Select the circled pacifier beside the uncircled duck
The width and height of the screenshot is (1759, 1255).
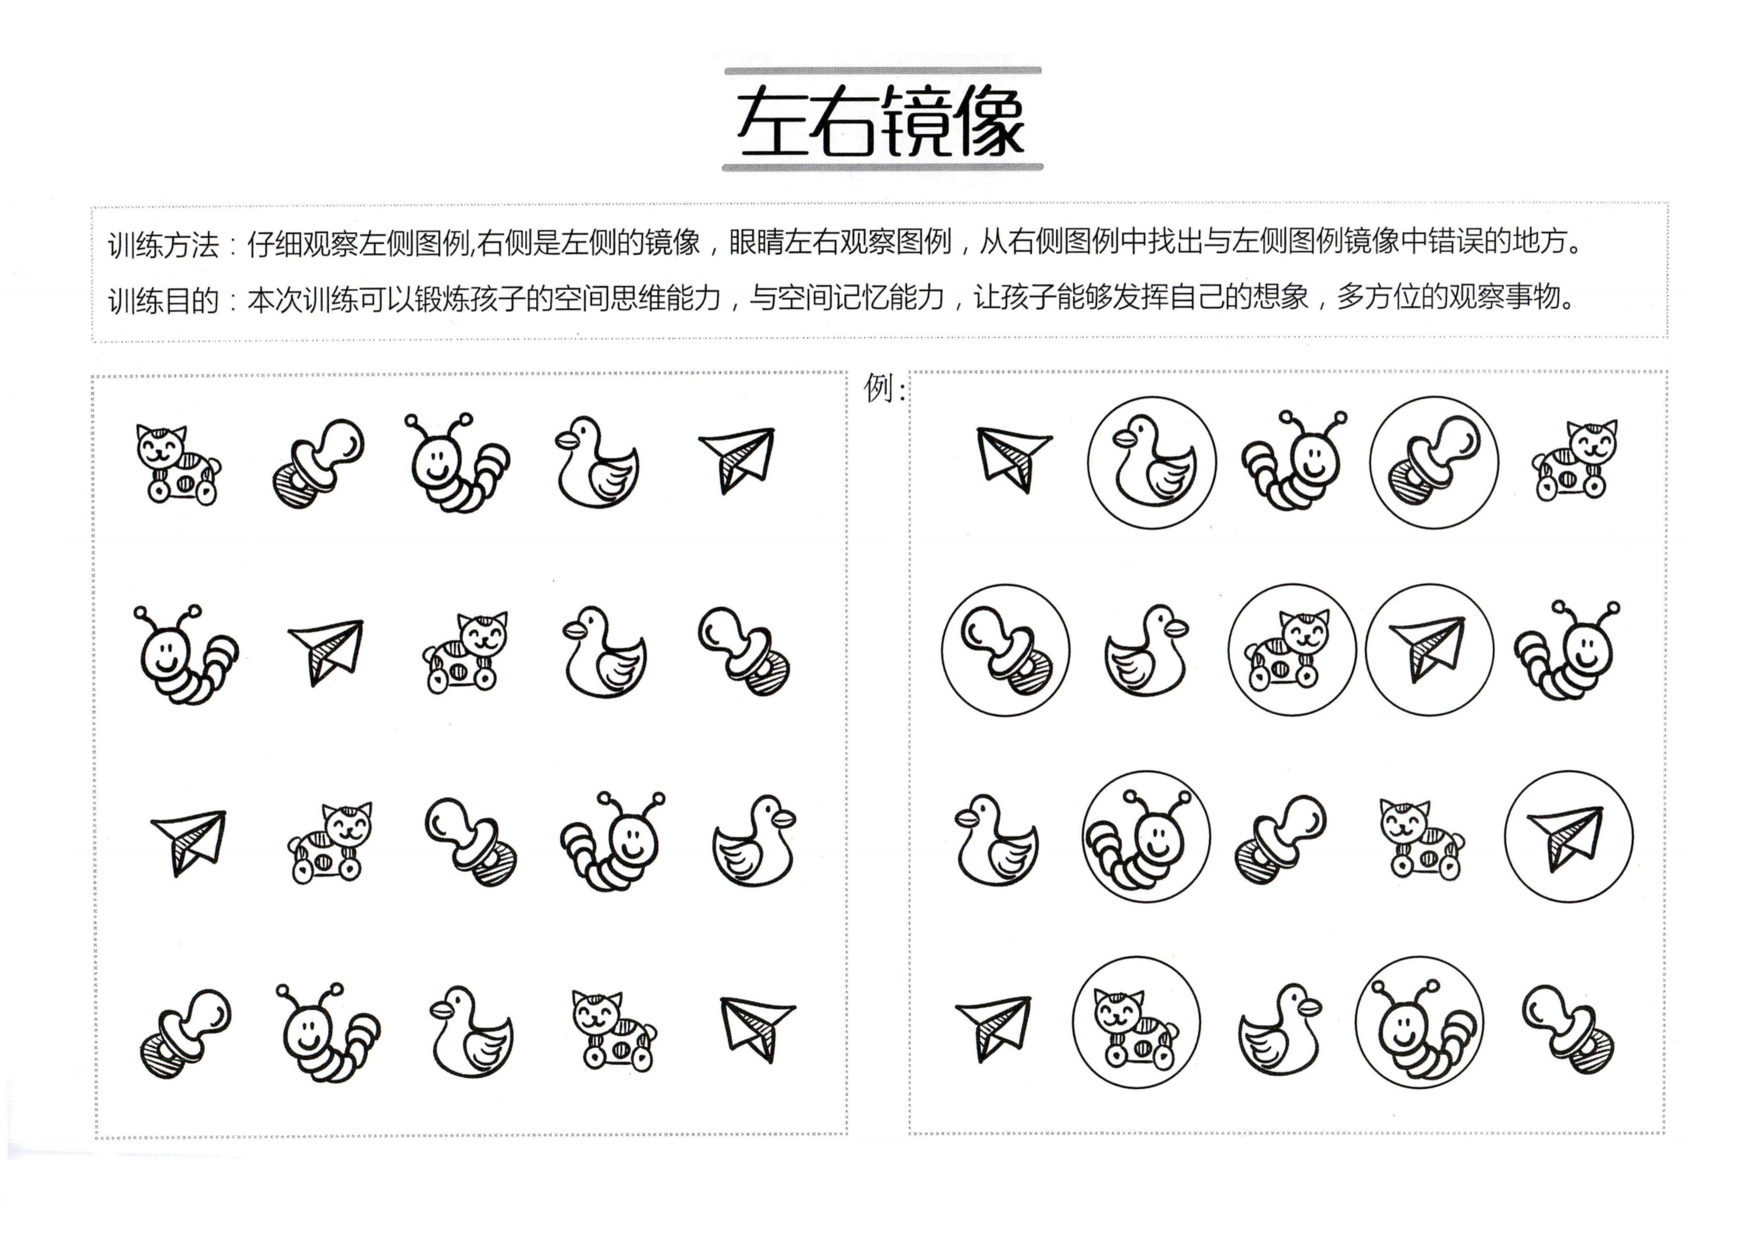[1006, 650]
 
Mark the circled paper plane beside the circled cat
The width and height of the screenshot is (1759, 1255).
[1429, 650]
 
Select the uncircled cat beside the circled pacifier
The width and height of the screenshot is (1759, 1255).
[1574, 461]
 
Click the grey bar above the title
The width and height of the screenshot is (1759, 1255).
[883, 70]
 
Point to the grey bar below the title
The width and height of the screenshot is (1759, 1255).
[883, 167]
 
